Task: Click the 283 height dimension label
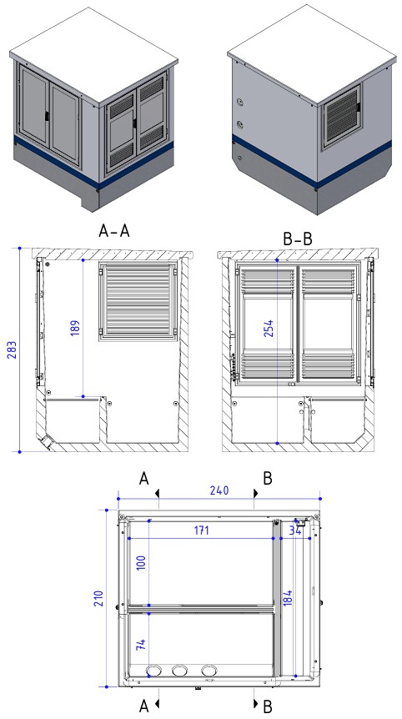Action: [11, 349]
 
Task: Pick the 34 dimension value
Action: [295, 530]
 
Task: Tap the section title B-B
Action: [298, 239]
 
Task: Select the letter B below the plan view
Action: [267, 707]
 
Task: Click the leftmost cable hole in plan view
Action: [153, 671]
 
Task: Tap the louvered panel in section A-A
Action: [138, 301]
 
